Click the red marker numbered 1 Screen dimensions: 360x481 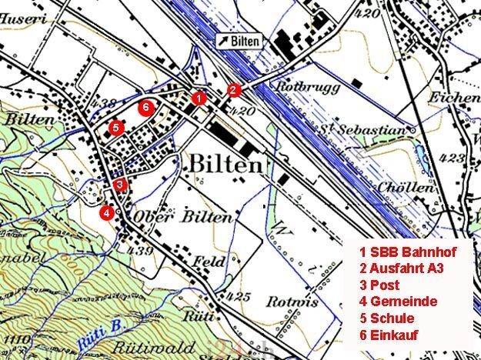pos(199,98)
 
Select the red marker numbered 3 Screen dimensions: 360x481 pos(119,185)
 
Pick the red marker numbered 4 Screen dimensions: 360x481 pos(108,212)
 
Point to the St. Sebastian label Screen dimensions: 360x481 pos(362,131)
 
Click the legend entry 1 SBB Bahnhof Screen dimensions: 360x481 pos(408,252)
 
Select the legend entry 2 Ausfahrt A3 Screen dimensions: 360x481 pos(403,268)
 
